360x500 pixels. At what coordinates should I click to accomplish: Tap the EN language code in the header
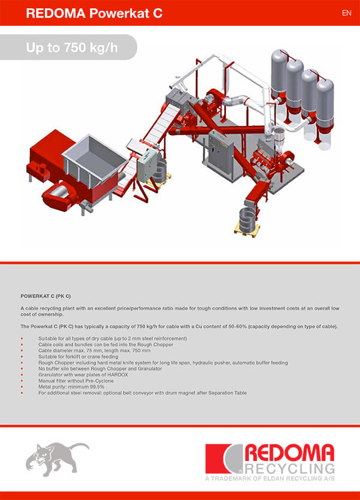pyautogui.click(x=346, y=13)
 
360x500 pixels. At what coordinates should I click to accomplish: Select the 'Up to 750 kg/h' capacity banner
pyautogui.click(x=71, y=47)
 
